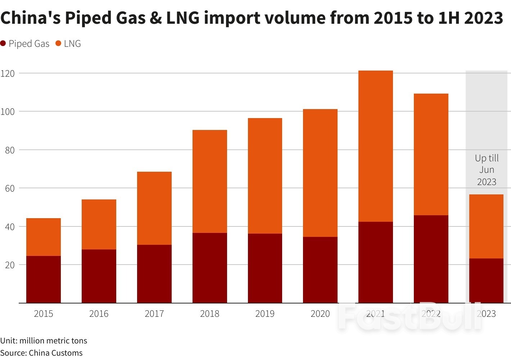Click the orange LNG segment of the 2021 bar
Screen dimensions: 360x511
click(375, 146)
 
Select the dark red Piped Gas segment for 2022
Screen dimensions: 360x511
click(431, 259)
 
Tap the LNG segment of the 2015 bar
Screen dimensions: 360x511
click(44, 237)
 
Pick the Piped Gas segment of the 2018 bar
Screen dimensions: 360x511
click(209, 268)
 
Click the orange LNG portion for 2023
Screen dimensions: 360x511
click(486, 226)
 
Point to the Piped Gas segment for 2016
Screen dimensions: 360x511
click(99, 276)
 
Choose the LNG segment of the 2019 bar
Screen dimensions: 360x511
click(265, 176)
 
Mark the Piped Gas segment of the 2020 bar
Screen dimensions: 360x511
click(320, 270)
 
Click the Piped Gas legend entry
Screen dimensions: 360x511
click(25, 44)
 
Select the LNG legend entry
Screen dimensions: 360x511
click(68, 44)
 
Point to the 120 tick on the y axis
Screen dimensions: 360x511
click(8, 73)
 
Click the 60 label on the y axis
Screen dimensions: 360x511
click(10, 188)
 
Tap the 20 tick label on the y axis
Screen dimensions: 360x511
click(10, 265)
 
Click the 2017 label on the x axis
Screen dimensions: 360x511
click(154, 314)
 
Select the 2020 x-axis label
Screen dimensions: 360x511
click(320, 314)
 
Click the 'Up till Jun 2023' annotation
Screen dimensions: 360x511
click(487, 170)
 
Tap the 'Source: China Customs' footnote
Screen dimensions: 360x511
click(41, 353)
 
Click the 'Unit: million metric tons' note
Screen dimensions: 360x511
click(44, 341)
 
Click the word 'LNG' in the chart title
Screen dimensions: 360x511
click(182, 18)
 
